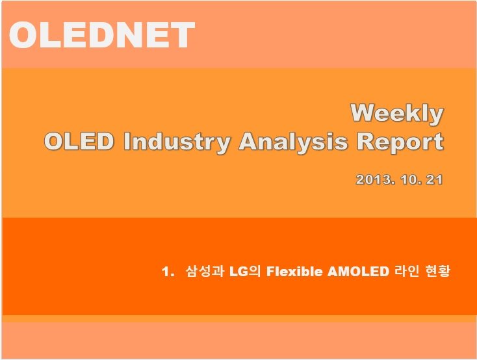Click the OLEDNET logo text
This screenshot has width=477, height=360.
click(102, 34)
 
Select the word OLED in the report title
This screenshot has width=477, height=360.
click(79, 142)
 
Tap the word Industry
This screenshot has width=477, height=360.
click(177, 142)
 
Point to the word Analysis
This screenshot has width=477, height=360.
click(293, 142)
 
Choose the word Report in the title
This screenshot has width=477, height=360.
click(400, 142)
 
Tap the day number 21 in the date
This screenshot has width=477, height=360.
click(434, 179)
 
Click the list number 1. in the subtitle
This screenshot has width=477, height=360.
click(168, 272)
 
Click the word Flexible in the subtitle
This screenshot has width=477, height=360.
click(294, 272)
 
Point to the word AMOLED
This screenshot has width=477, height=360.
click(358, 272)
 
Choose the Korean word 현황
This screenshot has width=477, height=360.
click(437, 271)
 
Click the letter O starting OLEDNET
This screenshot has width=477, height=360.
click(23, 34)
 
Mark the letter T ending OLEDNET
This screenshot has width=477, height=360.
click(183, 34)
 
